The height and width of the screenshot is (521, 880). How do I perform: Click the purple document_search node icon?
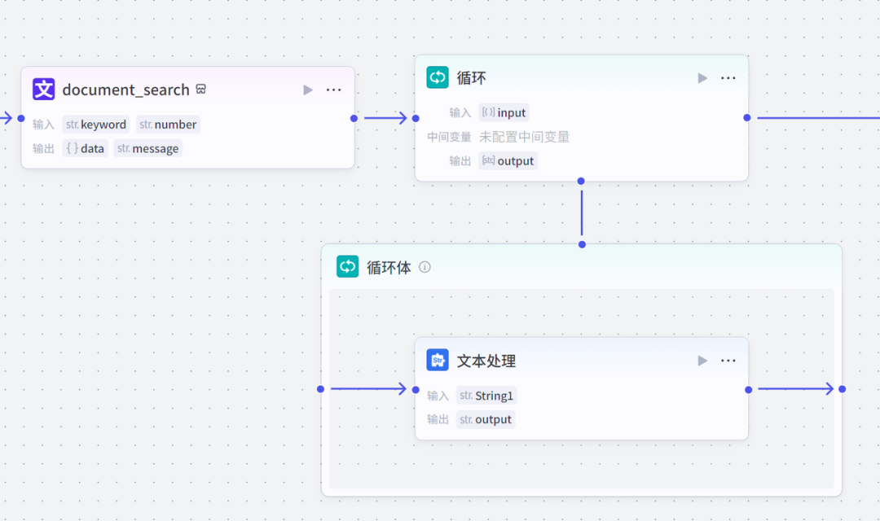(x=43, y=90)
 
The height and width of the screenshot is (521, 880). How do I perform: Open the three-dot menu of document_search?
(x=333, y=90)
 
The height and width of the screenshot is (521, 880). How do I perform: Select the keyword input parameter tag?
(x=96, y=125)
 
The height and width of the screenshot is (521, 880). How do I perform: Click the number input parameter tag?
(x=168, y=125)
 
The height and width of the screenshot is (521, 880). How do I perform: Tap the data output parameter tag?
(x=85, y=148)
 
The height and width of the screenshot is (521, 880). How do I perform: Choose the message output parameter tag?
(x=147, y=148)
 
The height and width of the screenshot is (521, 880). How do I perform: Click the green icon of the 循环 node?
(x=438, y=78)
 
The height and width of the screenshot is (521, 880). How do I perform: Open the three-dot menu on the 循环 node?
(x=728, y=78)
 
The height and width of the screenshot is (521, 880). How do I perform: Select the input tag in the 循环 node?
(x=504, y=112)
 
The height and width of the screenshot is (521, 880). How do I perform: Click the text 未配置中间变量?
(x=524, y=137)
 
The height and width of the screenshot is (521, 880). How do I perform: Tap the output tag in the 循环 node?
(x=508, y=161)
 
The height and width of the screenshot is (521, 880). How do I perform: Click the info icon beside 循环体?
(x=425, y=267)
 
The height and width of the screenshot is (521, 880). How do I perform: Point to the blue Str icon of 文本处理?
(x=438, y=360)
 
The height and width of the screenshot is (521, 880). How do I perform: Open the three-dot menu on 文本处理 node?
(x=728, y=361)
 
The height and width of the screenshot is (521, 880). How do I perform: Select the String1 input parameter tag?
(x=486, y=396)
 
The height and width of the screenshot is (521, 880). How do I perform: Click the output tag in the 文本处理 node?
(x=486, y=419)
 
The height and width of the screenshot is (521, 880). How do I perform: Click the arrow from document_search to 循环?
(x=385, y=118)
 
